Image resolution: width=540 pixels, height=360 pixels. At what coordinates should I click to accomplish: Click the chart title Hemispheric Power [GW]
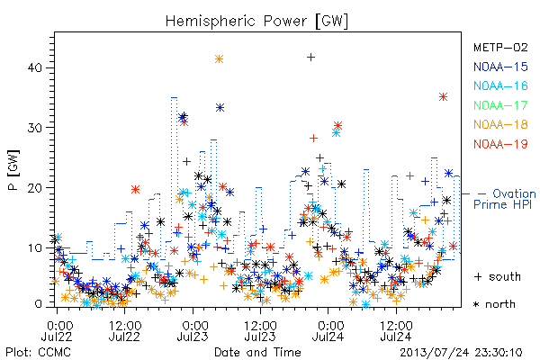[x=256, y=22]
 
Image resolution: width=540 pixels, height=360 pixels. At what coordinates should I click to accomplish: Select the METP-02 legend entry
[x=500, y=47]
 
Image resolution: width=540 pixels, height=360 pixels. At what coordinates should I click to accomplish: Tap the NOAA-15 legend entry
[x=500, y=67]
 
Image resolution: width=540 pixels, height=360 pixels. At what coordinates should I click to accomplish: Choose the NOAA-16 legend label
[x=500, y=85]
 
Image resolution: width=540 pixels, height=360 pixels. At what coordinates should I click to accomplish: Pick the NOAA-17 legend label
[x=500, y=105]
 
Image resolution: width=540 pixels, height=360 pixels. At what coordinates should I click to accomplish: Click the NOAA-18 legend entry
[x=500, y=124]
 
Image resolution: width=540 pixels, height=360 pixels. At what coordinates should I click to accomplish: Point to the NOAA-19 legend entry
[x=500, y=144]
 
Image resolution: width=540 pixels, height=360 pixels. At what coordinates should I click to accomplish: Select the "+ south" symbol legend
[x=498, y=276]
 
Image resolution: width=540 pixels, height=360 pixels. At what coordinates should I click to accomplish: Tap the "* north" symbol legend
[x=494, y=304]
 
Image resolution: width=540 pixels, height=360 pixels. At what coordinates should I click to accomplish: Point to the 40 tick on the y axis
[x=34, y=67]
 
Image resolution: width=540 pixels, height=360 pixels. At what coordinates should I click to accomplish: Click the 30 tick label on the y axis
[x=34, y=128]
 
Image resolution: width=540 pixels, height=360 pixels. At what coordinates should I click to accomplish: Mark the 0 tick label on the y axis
[x=38, y=304]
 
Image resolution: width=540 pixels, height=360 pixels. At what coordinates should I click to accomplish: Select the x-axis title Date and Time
[x=257, y=352]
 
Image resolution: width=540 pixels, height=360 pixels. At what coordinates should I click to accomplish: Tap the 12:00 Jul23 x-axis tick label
[x=260, y=330]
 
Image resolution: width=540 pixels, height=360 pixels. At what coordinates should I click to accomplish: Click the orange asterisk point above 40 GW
[x=219, y=59]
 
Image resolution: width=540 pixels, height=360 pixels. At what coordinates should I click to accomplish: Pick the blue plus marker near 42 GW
[x=310, y=58]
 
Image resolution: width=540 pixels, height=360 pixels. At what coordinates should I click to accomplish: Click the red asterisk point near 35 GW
[x=443, y=97]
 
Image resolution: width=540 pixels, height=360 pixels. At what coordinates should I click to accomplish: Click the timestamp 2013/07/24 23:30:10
[x=461, y=353]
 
